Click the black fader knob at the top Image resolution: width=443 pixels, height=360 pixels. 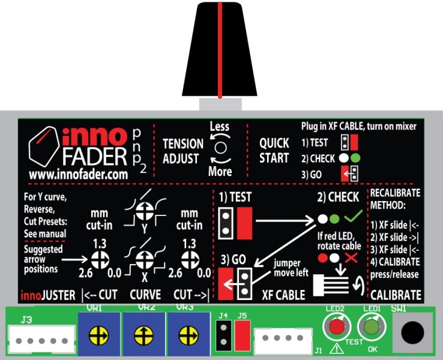pyautogui.click(x=221, y=50)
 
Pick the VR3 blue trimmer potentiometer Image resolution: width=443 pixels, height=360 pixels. pyautogui.click(x=189, y=334)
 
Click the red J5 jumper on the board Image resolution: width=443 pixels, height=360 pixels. pyautogui.click(x=243, y=334)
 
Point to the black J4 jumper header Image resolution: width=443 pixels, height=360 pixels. pyautogui.click(x=223, y=334)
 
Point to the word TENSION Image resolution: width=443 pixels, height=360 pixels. pyautogui.click(x=183, y=144)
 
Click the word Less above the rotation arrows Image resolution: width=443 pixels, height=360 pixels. pyautogui.click(x=220, y=127)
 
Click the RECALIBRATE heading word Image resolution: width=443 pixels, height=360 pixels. pyautogui.click(x=394, y=193)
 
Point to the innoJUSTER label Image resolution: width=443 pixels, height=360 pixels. pyautogui.click(x=47, y=295)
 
